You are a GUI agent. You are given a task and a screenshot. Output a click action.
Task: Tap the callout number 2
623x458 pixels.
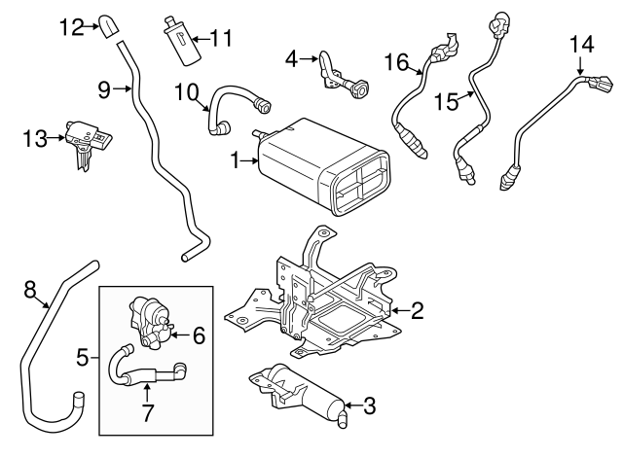tap(416, 311)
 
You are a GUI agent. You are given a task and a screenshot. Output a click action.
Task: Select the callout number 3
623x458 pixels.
tap(369, 405)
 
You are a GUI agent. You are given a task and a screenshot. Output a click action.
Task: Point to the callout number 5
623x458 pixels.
tap(85, 359)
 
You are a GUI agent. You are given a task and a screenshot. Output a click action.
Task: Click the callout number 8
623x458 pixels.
tap(29, 288)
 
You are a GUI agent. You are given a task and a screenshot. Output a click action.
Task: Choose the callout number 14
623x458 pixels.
tap(580, 45)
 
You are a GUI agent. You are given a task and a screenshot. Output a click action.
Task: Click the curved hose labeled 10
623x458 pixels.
tap(234, 102)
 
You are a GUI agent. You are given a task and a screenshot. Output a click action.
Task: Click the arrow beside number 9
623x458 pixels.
tap(125, 90)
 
